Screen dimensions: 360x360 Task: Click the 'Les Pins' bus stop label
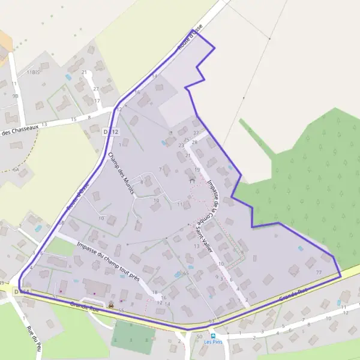pyautogui.click(x=212, y=343)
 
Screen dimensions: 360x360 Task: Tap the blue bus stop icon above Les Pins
pyautogui.click(x=212, y=336)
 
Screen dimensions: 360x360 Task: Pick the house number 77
pyautogui.click(x=318, y=272)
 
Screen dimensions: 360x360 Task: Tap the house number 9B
pyautogui.click(x=16, y=95)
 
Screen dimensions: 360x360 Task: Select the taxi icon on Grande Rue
pyautogui.click(x=111, y=305)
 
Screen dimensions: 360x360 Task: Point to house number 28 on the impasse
pyautogui.click(x=194, y=142)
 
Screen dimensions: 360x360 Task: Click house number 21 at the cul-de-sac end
pyautogui.click(x=188, y=156)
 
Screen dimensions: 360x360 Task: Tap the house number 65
pyautogui.click(x=186, y=274)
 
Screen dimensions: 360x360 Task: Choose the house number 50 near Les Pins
pyautogui.click(x=199, y=336)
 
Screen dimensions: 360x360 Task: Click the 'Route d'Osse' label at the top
pyautogui.click(x=191, y=36)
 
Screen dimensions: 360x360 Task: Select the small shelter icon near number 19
pyautogui.click(x=192, y=181)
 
